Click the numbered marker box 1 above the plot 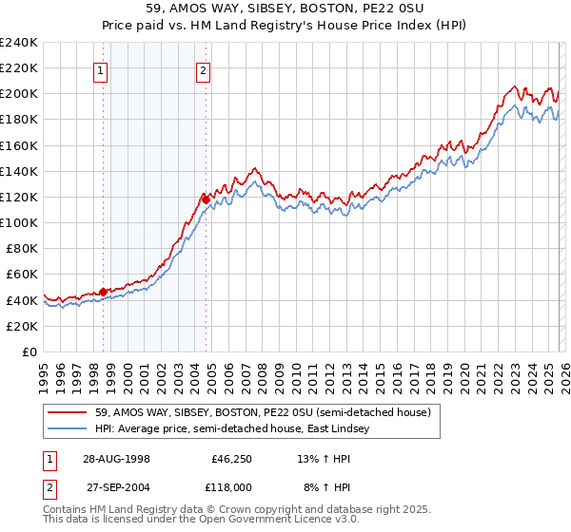101,69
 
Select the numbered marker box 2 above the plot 204,69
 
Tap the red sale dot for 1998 103,292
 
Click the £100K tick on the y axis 19,222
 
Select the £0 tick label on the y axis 30,351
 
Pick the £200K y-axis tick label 19,94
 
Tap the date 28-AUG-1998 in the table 115,458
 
